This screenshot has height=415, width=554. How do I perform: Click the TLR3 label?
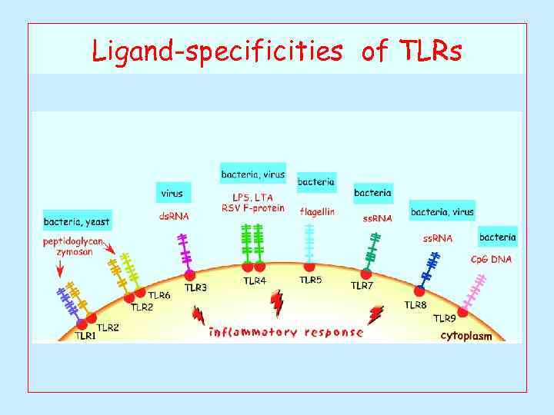(195, 288)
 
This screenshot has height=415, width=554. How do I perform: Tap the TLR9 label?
(444, 318)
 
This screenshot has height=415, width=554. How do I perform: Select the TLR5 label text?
(311, 281)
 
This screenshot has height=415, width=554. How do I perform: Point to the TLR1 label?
(85, 335)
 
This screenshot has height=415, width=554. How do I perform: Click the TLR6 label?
(159, 296)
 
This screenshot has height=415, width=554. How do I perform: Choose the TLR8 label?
(415, 305)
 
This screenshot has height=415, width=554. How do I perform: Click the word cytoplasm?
(466, 335)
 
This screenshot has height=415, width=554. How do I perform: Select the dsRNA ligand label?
(174, 217)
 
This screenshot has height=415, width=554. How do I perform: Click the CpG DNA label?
(491, 260)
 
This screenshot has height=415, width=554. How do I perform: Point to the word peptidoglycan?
(73, 241)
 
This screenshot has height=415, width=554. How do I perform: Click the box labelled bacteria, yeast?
(77, 222)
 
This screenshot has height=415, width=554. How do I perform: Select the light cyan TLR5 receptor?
(309, 244)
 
